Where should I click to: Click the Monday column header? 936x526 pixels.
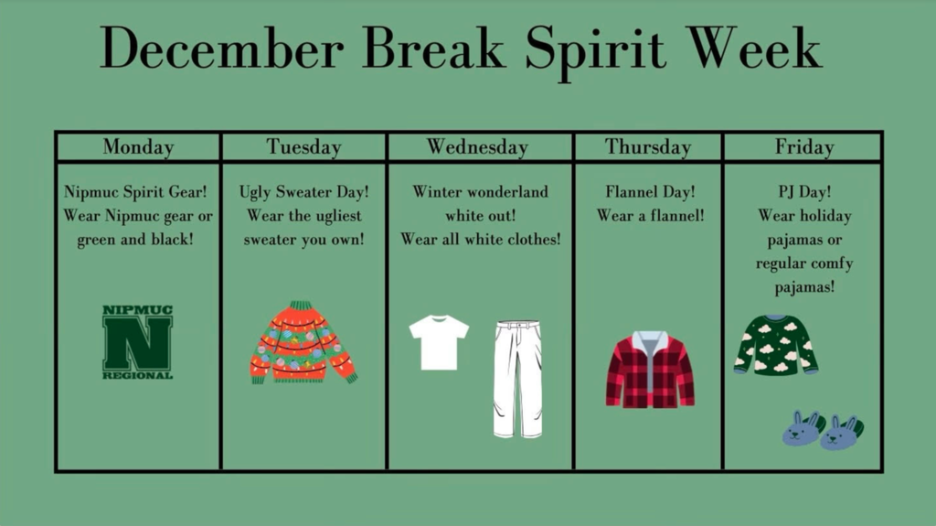pos(138,146)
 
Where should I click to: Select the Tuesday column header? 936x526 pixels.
pos(303,146)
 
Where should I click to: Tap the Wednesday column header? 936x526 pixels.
pos(477,146)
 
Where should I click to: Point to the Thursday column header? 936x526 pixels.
pos(648,146)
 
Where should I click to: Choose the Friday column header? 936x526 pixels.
pos(804,146)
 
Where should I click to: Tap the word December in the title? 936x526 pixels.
pos(221,48)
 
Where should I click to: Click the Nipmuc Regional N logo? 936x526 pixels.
pos(137,342)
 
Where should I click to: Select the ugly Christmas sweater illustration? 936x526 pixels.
pos(303,342)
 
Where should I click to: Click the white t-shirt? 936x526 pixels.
pos(439,342)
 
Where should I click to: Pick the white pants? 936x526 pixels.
pos(517,379)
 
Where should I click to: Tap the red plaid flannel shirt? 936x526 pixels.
pos(650,370)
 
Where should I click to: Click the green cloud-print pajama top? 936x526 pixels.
pos(776,345)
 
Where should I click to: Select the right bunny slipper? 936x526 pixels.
pos(842,433)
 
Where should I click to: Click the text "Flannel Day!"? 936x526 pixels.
pos(650,192)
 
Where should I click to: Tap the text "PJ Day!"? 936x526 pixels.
pos(804,192)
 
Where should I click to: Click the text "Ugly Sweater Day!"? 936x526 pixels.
pos(303,192)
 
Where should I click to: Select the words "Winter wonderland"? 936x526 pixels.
pos(480,192)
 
